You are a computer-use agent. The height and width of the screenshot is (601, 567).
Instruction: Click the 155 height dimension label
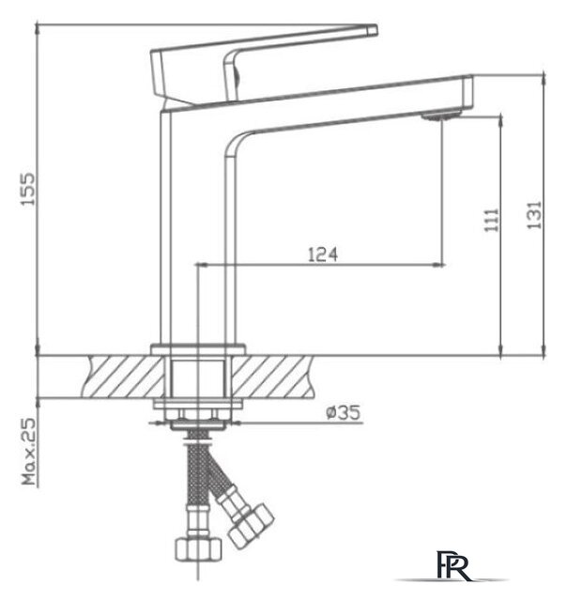pos(27,190)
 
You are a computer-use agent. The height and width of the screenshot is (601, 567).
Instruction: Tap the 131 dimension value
pos(534,215)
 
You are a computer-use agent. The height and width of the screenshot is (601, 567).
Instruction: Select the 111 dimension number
pos(492,221)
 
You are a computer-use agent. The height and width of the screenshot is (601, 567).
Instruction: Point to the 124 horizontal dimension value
pos(323,254)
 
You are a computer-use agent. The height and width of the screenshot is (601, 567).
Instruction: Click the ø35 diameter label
pos(344,412)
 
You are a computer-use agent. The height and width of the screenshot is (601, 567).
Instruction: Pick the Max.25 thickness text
pos(29,451)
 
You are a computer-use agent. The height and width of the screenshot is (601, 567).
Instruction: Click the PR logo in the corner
pos(452,565)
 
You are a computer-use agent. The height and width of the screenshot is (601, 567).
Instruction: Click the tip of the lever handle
pos(376,30)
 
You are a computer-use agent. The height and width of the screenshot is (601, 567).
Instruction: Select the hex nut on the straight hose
pos(198,548)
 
